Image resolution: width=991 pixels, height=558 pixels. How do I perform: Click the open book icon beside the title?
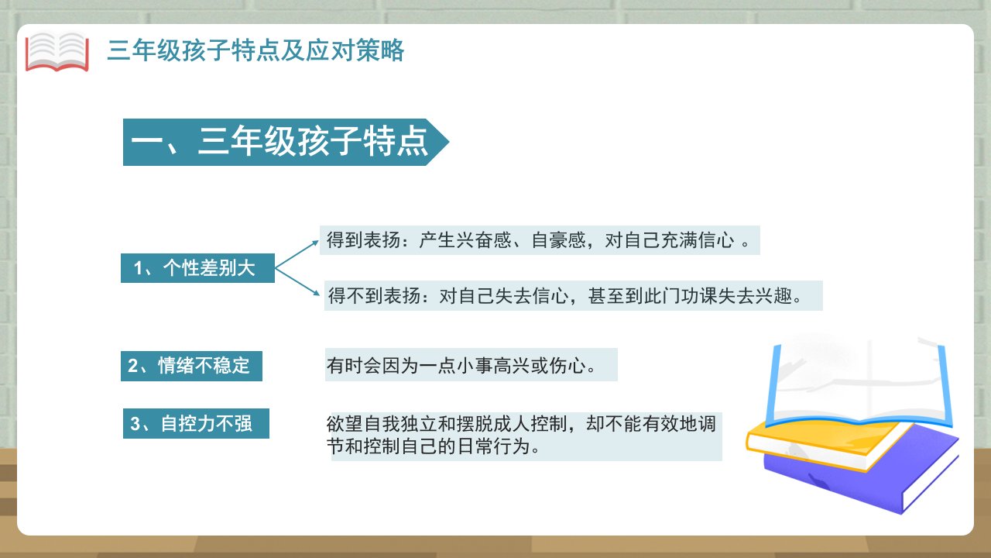pos(57,52)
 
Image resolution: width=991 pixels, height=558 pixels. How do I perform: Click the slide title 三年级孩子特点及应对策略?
pos(255,50)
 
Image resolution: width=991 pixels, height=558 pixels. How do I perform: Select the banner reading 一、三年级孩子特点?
pos(286,142)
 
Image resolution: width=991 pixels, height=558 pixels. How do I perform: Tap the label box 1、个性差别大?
pos(197,268)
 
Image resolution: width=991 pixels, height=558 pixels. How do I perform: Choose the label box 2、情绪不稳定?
pos(191,366)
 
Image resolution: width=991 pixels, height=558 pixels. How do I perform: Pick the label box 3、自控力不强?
pos(196,423)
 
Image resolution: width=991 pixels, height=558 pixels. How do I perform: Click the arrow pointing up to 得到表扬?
pos(297,254)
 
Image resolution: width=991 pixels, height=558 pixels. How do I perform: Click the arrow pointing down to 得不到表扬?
pos(297,281)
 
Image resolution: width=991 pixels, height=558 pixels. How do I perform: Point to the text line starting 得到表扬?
pos(538,240)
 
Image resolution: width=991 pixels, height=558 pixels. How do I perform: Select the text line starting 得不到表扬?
pos(565,295)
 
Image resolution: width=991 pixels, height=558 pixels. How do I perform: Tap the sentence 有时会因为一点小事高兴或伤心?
pos(461,365)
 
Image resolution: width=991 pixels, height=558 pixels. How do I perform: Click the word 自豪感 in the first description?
pos(559,240)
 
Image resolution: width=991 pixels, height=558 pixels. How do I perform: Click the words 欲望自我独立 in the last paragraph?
pos(382,424)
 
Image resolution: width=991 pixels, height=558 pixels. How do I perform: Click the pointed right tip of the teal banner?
pos(448,142)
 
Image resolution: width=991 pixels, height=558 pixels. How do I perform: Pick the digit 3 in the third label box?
pos(135,424)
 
